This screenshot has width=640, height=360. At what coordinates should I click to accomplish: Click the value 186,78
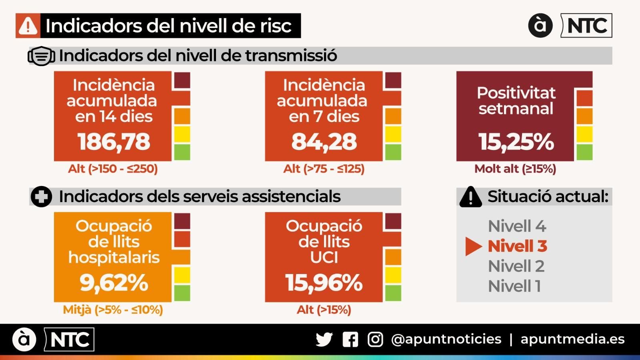click(x=114, y=142)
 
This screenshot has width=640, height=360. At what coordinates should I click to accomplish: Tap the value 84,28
click(x=324, y=142)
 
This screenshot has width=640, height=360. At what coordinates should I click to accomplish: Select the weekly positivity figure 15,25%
click(x=516, y=142)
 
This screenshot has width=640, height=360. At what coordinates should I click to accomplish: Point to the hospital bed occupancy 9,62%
click(x=114, y=282)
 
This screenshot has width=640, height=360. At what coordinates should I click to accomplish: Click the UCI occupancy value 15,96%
click(x=324, y=282)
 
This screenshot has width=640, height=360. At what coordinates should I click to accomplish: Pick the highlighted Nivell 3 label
click(x=517, y=246)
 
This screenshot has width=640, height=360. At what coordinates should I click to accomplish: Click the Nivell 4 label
click(x=517, y=226)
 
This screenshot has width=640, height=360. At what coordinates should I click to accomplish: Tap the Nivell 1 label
click(x=514, y=286)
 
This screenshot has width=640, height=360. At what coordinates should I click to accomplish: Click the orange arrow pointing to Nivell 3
click(x=474, y=246)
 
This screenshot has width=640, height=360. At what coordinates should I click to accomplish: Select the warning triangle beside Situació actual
click(x=471, y=197)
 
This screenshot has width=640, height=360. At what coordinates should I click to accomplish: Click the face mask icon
click(x=42, y=56)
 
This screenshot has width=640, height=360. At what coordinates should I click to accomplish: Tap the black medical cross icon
click(x=42, y=197)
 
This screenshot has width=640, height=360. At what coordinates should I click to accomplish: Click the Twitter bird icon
click(x=324, y=340)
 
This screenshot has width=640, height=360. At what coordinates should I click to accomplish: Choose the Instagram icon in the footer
click(x=375, y=340)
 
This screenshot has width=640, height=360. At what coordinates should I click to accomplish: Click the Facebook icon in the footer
click(x=350, y=340)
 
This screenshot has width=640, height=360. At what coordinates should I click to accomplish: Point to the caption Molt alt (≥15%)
click(x=515, y=169)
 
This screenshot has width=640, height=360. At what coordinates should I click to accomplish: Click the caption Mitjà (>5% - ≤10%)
click(x=113, y=310)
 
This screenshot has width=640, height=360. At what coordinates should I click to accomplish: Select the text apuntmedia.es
click(x=572, y=339)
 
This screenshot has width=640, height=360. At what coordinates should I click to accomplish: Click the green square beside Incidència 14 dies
click(x=182, y=152)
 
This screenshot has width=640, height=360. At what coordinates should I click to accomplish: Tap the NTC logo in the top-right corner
click(x=586, y=26)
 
